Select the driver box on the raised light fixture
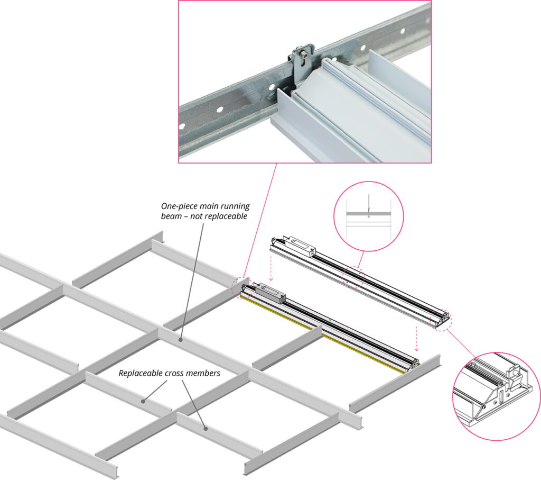[x=303, y=246]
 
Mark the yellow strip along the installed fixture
[x=323, y=334]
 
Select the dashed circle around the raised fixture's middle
[x=353, y=276]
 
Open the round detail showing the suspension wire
[x=369, y=216]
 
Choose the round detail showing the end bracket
[x=497, y=396]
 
